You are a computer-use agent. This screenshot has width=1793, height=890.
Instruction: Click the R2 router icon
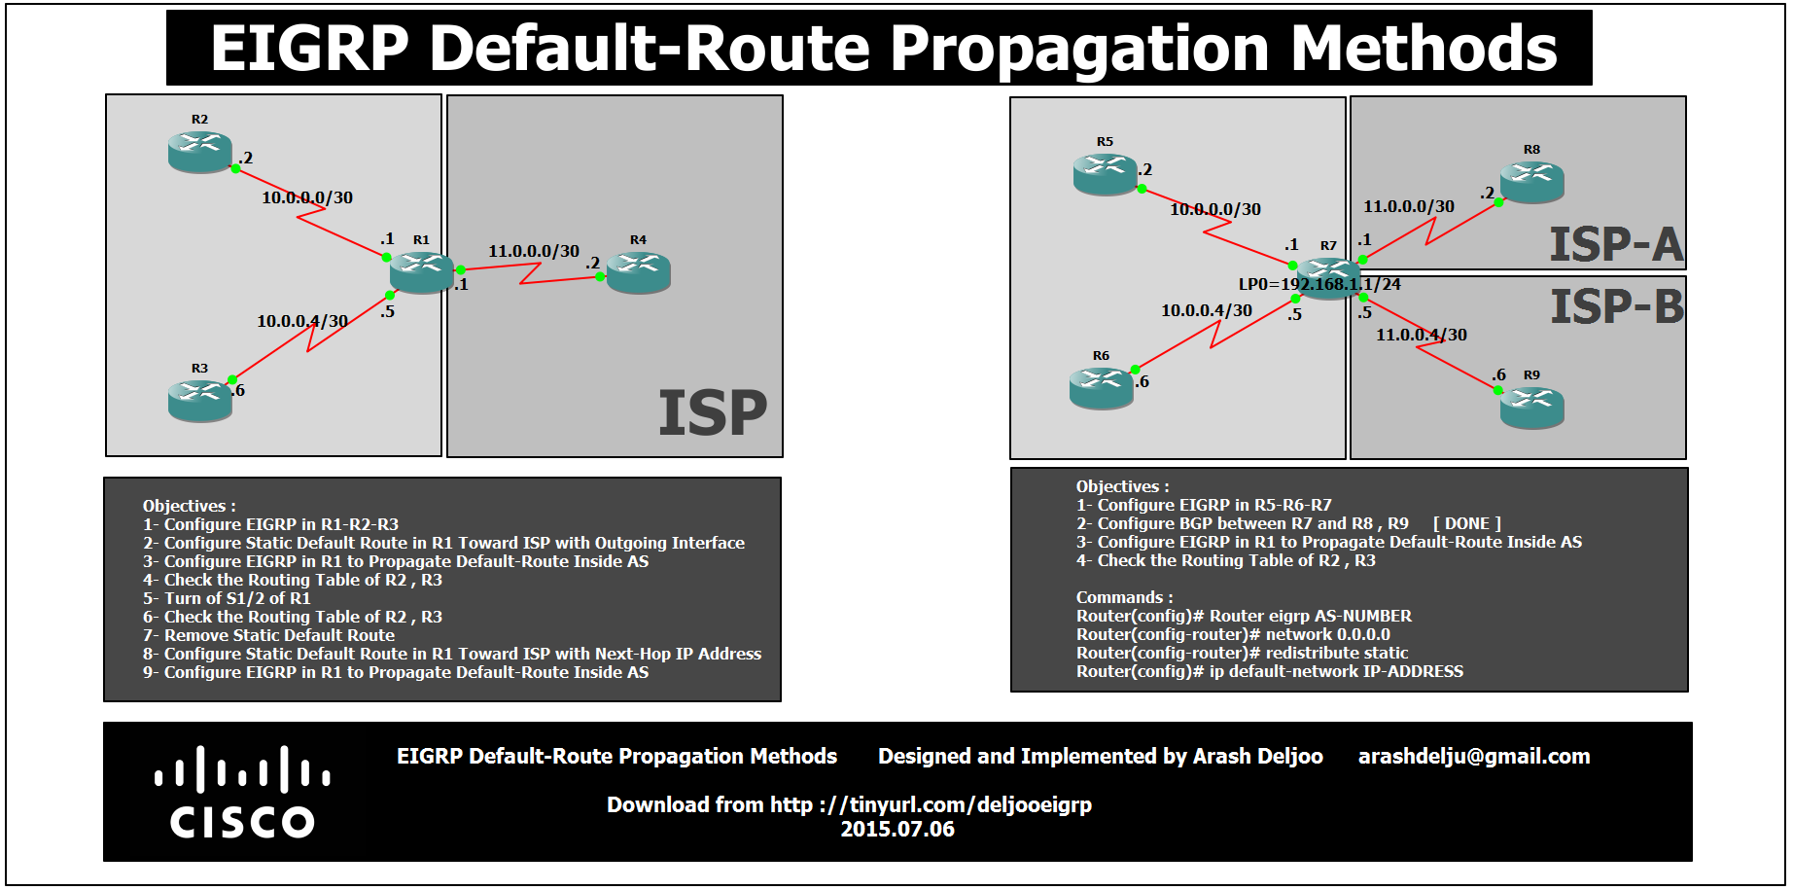click(x=200, y=152)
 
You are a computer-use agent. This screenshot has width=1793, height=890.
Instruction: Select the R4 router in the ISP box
click(x=639, y=272)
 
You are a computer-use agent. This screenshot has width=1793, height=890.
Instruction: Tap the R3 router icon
click(x=200, y=401)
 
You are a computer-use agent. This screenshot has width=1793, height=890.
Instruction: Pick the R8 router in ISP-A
click(x=1531, y=182)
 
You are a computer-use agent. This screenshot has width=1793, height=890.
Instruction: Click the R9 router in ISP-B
click(x=1531, y=408)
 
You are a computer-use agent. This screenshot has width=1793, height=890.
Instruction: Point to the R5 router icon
click(x=1105, y=174)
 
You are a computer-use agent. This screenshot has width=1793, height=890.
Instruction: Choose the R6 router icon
click(x=1101, y=388)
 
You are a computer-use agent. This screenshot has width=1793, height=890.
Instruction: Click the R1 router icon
click(x=422, y=272)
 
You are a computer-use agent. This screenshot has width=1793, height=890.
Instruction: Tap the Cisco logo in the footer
click(x=242, y=792)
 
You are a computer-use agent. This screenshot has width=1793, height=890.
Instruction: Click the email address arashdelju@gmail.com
click(x=1473, y=757)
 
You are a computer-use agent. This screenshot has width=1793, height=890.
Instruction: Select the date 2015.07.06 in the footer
click(x=897, y=830)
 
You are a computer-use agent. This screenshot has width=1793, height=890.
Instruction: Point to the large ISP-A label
click(x=1615, y=244)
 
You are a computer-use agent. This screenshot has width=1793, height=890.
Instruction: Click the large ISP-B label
click(x=1616, y=307)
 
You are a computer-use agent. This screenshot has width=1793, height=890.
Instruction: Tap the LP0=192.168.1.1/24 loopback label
click(x=1318, y=284)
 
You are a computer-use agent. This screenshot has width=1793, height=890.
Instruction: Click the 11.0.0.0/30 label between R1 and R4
click(x=533, y=251)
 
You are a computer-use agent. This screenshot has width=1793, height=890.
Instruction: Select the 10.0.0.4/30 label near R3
click(x=301, y=321)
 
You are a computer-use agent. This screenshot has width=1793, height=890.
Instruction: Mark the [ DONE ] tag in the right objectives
click(x=1466, y=523)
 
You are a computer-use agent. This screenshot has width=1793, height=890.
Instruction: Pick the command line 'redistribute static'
click(x=1242, y=653)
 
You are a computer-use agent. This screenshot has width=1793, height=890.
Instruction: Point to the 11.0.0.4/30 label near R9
click(x=1421, y=335)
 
